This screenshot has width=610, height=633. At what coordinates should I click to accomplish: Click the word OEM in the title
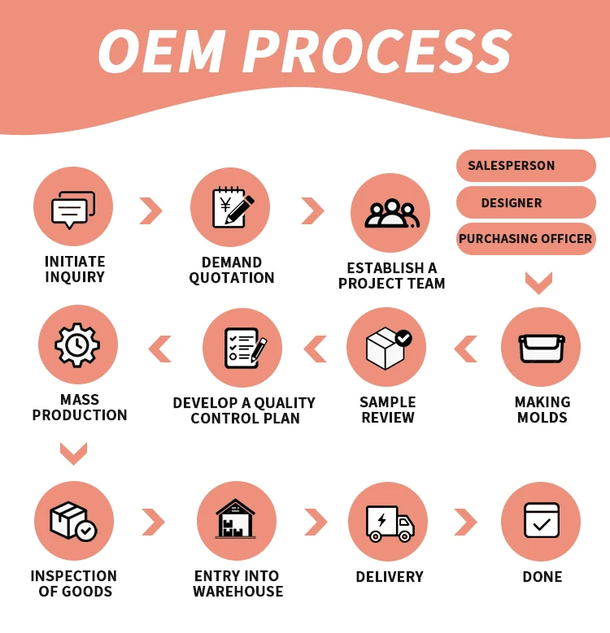[161, 52]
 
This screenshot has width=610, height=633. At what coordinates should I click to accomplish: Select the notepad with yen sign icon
[230, 207]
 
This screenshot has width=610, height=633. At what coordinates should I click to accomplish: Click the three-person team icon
[390, 214]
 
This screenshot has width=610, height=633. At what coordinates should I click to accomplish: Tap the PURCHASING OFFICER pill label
[526, 239]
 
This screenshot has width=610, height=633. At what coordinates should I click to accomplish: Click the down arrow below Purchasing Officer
[538, 283]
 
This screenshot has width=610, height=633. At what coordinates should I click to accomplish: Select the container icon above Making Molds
[541, 347]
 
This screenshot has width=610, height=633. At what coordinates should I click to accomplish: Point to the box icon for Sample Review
[386, 347]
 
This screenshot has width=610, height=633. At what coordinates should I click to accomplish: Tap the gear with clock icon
[78, 345]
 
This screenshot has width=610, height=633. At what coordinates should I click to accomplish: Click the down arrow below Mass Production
[73, 453]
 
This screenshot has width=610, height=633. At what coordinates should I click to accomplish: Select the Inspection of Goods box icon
[73, 521]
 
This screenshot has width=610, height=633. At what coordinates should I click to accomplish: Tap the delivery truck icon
[389, 521]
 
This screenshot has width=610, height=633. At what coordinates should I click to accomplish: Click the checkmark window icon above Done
[541, 521]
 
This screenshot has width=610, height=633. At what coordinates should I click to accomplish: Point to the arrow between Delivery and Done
[465, 522]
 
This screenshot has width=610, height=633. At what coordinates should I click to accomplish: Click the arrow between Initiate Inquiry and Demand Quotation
[150, 210]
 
